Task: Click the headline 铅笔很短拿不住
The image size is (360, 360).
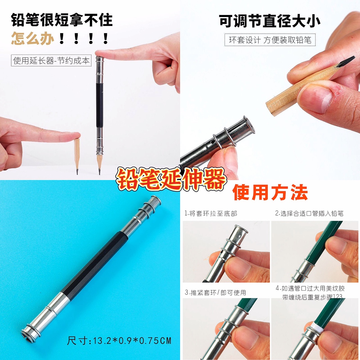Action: click(62, 20)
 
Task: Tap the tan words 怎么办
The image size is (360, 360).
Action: click(33, 38)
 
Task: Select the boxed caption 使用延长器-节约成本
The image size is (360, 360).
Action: click(51, 60)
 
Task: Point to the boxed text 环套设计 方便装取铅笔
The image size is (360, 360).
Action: click(270, 40)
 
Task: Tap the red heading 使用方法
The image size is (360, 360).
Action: click(270, 192)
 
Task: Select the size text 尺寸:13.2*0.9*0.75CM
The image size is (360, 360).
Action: click(119, 340)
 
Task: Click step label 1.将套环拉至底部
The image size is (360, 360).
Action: click(211, 214)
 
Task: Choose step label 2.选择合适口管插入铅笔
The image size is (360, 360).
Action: click(309, 214)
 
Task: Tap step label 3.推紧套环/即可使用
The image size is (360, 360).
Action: click(215, 293)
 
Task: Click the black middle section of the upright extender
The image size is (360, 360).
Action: click(99, 105)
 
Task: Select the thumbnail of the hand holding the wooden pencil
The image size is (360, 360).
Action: click(270, 90)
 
